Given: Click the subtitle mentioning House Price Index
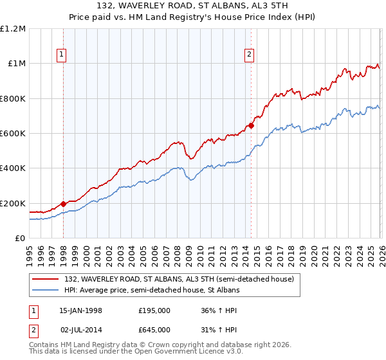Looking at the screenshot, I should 192,17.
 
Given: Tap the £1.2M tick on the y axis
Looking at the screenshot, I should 13,29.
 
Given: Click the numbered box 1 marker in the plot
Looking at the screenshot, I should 62,55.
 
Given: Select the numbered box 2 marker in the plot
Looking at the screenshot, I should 249,55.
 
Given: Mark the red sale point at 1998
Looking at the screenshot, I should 64,204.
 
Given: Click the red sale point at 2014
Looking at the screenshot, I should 251,125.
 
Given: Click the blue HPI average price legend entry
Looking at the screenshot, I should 152,291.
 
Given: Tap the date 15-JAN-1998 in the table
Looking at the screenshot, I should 80,310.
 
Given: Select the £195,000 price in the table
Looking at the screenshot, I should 154,310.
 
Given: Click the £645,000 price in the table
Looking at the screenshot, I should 154,330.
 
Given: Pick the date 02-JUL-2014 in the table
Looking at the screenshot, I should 80,330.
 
